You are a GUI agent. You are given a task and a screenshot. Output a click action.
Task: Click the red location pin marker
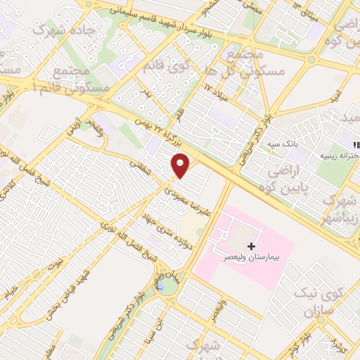coord(181,166)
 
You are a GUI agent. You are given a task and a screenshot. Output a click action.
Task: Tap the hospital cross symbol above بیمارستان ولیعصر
coord(252,247)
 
